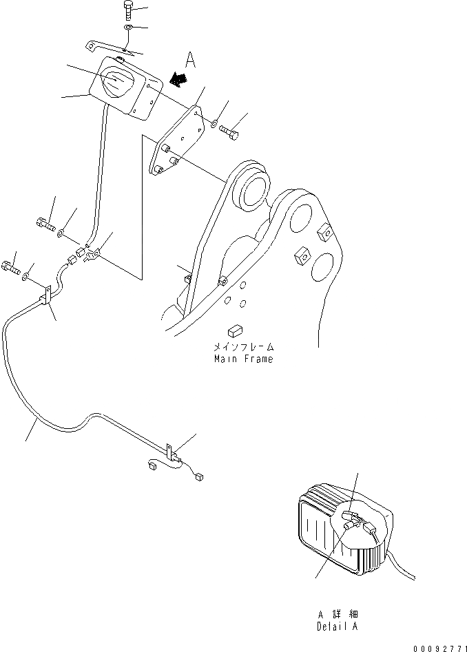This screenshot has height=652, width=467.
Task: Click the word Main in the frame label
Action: [225, 359]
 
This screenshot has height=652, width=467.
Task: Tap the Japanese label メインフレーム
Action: [242, 348]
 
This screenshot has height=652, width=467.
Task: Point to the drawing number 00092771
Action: [440, 648]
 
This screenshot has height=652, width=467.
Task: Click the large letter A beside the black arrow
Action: [191, 61]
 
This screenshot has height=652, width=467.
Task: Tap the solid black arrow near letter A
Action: [178, 80]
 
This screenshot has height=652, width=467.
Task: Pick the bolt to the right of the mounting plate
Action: [231, 132]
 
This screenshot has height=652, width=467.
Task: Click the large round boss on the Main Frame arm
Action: [252, 189]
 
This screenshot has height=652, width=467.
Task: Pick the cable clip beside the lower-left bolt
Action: [49, 297]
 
